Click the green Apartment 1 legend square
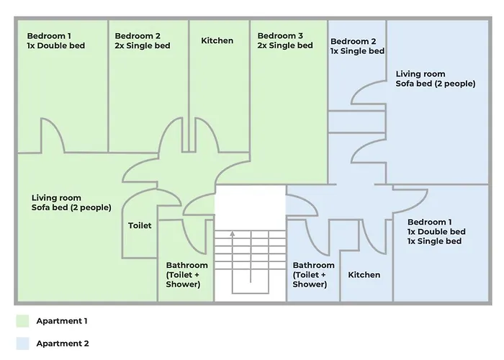(22, 320)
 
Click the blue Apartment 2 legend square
(22, 343)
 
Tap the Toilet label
(140, 225)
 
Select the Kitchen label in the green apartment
(217, 40)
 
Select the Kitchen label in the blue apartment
(364, 275)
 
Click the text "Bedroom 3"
(280, 35)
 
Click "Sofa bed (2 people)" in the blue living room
(436, 84)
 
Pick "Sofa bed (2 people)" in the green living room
(71, 207)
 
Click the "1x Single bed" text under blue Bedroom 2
(357, 51)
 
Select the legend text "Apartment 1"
(62, 320)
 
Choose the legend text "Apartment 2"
(62, 343)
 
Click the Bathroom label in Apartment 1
(187, 265)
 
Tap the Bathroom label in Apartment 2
(313, 265)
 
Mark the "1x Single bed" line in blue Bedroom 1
(434, 241)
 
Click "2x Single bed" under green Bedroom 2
(143, 46)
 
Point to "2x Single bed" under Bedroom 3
(285, 46)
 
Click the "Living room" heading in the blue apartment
(420, 74)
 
